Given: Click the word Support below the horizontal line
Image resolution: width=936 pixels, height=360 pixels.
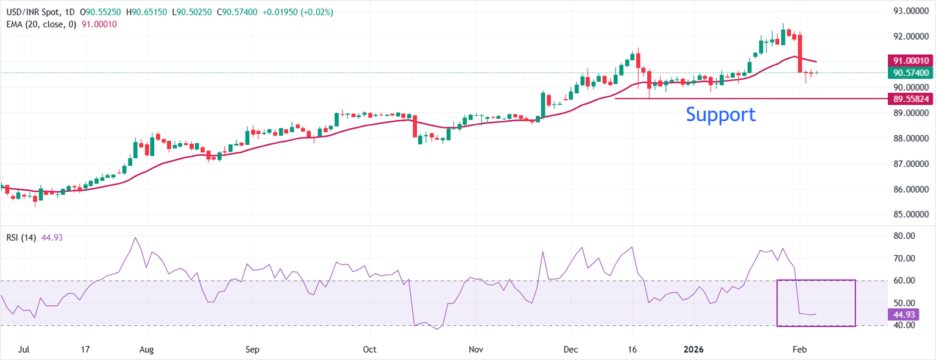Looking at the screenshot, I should point(720,115).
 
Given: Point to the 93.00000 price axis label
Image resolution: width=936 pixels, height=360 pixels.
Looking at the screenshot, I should point(910,11).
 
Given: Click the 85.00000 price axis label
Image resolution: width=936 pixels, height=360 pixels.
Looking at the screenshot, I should point(910,215).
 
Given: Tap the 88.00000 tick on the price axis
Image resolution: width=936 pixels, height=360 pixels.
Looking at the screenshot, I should point(910,138).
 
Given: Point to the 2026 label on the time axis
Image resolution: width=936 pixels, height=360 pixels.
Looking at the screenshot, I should point(694,350).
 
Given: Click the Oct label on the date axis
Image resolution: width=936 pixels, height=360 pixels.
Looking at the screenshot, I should point(370,350).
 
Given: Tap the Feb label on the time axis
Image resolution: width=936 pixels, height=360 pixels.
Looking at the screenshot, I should point(800,350).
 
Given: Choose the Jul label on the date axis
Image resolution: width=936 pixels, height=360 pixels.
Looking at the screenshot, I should point(24,350).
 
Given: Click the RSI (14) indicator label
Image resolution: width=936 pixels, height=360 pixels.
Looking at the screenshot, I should point(20,238).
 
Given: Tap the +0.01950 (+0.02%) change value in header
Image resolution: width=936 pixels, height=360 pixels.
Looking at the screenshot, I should point(298,12).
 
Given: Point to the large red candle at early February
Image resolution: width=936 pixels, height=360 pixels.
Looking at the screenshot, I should point(799,54).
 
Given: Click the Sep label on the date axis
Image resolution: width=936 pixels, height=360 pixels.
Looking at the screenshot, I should point(252,350).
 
